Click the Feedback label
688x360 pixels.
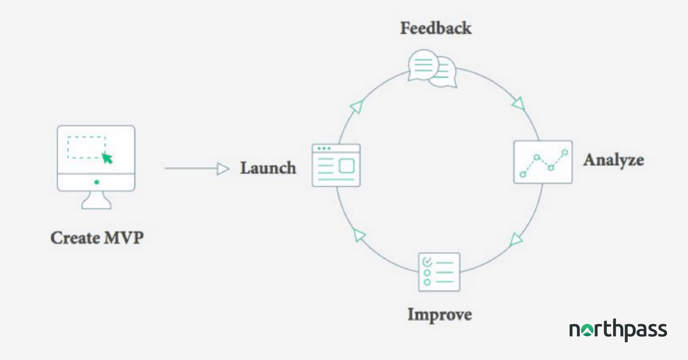pos(436,28)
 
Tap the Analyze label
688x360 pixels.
pos(613,160)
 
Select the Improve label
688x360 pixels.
pos(440,315)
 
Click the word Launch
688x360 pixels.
pos(268,168)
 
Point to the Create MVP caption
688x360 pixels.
pos(97,238)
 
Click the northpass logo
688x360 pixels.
pos(618,330)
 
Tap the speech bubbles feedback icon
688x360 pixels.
pos(432,69)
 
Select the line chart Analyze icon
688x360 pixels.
pos(543,162)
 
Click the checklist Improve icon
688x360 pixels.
pos(439,272)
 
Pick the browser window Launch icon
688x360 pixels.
pos(336,165)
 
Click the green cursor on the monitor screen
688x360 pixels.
pos(107,158)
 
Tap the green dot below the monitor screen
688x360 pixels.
pos(97,182)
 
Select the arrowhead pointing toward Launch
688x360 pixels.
pos(223,169)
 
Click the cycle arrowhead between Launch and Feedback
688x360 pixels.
pos(357,106)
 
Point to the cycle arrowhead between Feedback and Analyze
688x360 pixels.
pos(518,104)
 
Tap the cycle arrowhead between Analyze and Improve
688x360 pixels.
pos(515,240)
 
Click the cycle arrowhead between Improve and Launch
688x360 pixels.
pos(359,235)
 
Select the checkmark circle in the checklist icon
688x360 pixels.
pos(427,262)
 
